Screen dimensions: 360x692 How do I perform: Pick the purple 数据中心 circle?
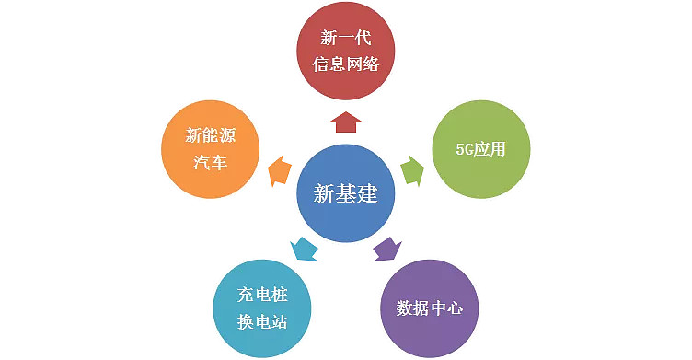429,306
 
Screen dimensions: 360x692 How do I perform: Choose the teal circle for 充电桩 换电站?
262,307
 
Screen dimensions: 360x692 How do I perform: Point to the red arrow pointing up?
345,122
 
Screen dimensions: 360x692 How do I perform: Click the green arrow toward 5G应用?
413,170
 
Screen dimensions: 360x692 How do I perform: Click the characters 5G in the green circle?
465,149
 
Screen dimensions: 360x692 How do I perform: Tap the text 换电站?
262,319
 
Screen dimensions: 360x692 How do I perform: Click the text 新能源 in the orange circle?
210,136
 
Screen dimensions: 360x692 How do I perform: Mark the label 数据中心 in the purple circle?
429,307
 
